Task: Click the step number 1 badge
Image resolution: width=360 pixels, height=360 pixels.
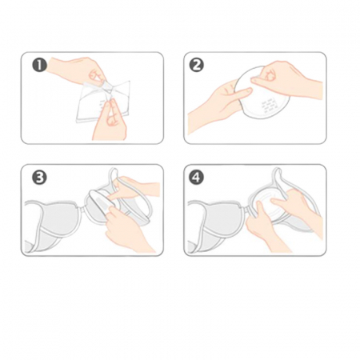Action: [x=39, y=66]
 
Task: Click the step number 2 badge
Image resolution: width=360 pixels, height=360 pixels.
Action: [x=197, y=66]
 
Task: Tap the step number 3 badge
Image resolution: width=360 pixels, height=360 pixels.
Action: [x=39, y=178]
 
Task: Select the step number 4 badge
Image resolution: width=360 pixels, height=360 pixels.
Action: [x=197, y=178]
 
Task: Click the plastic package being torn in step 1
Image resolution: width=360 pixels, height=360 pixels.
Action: [x=103, y=102]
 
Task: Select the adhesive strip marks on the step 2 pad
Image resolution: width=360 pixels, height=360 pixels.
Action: [x=266, y=106]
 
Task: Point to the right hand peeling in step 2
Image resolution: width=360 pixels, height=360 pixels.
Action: [x=286, y=78]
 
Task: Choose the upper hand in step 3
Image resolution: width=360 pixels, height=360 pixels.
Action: [x=134, y=188]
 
